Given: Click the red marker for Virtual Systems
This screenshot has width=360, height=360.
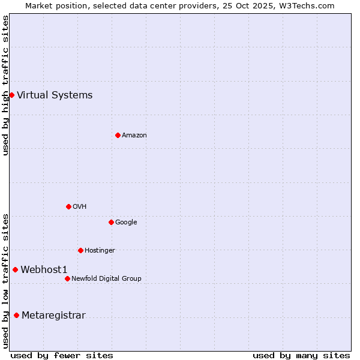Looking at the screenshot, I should (11, 95).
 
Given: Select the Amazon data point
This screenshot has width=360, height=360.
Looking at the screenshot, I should (118, 135).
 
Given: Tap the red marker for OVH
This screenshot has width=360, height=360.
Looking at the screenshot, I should (68, 206).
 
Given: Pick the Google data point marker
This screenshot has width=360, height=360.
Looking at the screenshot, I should (111, 222).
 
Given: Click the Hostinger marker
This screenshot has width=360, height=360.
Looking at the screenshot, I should (80, 250).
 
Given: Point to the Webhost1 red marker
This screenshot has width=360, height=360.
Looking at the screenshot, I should (15, 269).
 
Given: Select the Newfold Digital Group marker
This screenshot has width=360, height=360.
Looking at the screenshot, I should (67, 278).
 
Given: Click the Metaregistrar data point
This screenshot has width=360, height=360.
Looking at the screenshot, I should (16, 316).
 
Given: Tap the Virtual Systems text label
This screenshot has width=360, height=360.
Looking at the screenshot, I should (55, 95).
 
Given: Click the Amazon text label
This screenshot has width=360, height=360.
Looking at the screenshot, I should (134, 135).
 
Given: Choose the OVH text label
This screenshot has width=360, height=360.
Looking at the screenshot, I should (80, 206).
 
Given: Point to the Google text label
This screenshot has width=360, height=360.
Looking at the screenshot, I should (126, 222).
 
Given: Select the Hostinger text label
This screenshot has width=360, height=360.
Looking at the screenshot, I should (100, 250).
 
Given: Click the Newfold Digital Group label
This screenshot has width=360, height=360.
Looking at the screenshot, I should (106, 278).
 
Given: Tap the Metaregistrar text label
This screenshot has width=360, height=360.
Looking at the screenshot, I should (53, 316).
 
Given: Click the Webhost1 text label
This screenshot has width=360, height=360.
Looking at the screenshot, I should (44, 269).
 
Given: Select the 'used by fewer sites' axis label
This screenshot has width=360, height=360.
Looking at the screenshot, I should (62, 355).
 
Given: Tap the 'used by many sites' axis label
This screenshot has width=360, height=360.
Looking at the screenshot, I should (301, 355).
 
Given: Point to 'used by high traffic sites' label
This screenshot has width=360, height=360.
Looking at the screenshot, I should (6, 85).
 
